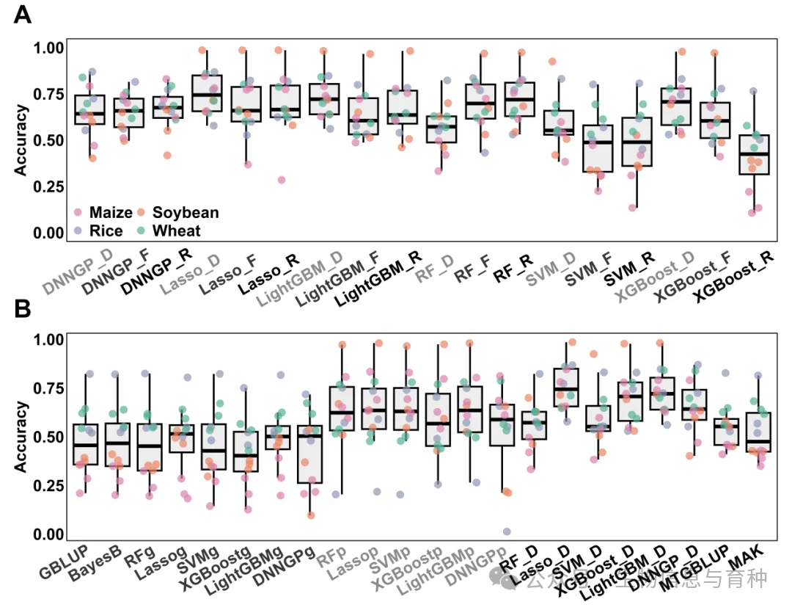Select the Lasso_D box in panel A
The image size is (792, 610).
pos(207,92)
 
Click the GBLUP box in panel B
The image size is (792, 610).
pos(87,444)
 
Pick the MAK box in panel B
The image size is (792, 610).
pos(758,433)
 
